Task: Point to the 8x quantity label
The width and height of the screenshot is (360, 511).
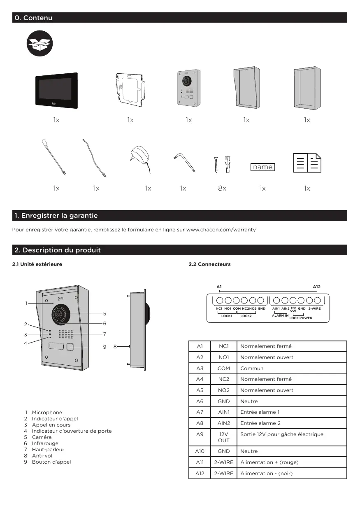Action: pyautogui.click(x=222, y=188)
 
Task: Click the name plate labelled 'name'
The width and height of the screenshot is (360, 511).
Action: pyautogui.click(x=262, y=167)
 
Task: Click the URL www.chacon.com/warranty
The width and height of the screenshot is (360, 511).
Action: pyautogui.click(x=221, y=229)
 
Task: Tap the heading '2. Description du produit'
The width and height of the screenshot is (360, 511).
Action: pyautogui.click(x=58, y=250)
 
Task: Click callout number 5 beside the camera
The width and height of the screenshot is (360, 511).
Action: pyautogui.click(x=105, y=313)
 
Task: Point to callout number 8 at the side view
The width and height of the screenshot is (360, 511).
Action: pyautogui.click(x=115, y=347)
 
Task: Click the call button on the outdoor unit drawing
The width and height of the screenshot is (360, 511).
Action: pyautogui.click(x=70, y=347)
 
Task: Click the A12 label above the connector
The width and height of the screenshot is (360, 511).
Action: pyautogui.click(x=316, y=286)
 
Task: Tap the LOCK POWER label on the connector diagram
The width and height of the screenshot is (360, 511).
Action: pyautogui.click(x=300, y=318)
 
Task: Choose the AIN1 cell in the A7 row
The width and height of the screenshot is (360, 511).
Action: pyautogui.click(x=223, y=412)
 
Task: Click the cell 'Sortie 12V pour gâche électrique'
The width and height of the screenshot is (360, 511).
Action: pyautogui.click(x=281, y=434)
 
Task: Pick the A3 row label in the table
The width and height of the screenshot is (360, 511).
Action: pyautogui.click(x=200, y=368)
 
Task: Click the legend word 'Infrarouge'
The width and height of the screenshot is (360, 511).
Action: pyautogui.click(x=45, y=443)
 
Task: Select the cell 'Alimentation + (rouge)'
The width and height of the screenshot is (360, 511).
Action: pyautogui.click(x=269, y=462)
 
